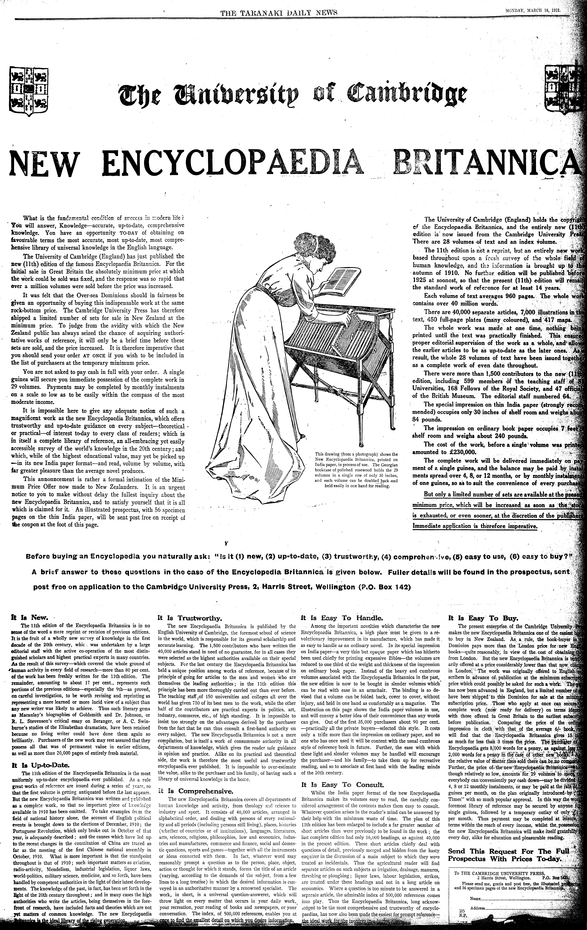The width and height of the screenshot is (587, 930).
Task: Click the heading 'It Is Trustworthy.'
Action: click(189, 618)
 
